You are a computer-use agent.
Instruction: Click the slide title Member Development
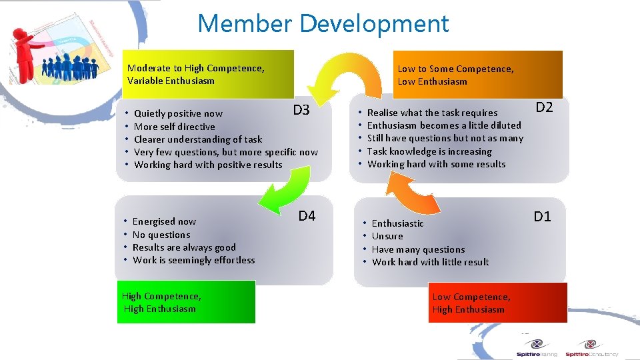323,24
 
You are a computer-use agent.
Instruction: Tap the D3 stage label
302,110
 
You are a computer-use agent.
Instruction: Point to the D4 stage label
307,216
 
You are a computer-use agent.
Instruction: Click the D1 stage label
542,217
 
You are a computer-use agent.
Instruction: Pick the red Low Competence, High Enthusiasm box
497,303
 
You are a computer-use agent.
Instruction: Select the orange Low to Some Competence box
477,75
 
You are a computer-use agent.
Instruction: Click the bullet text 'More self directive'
175,127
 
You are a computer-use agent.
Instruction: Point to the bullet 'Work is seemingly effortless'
194,260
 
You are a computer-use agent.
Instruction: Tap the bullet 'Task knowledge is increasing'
429,151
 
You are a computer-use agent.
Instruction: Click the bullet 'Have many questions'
418,249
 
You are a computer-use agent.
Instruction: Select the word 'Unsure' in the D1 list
387,236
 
